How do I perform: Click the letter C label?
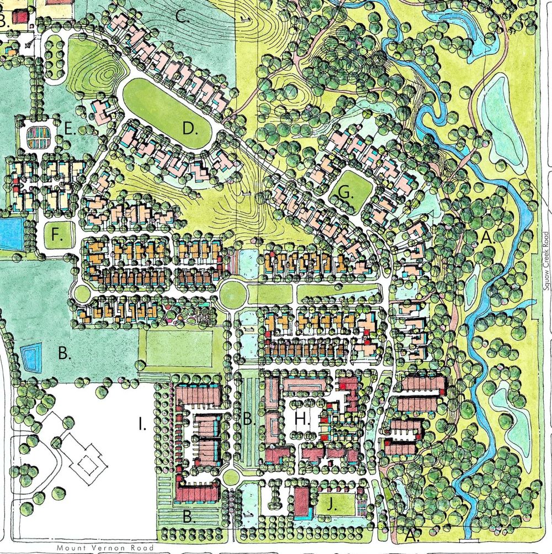click(x=183, y=16)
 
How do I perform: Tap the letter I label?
click(x=142, y=424)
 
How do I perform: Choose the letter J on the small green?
click(x=332, y=505)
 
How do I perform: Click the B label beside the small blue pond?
click(x=65, y=354)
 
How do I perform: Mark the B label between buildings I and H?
click(x=249, y=420)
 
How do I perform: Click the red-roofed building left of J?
click(x=301, y=502)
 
